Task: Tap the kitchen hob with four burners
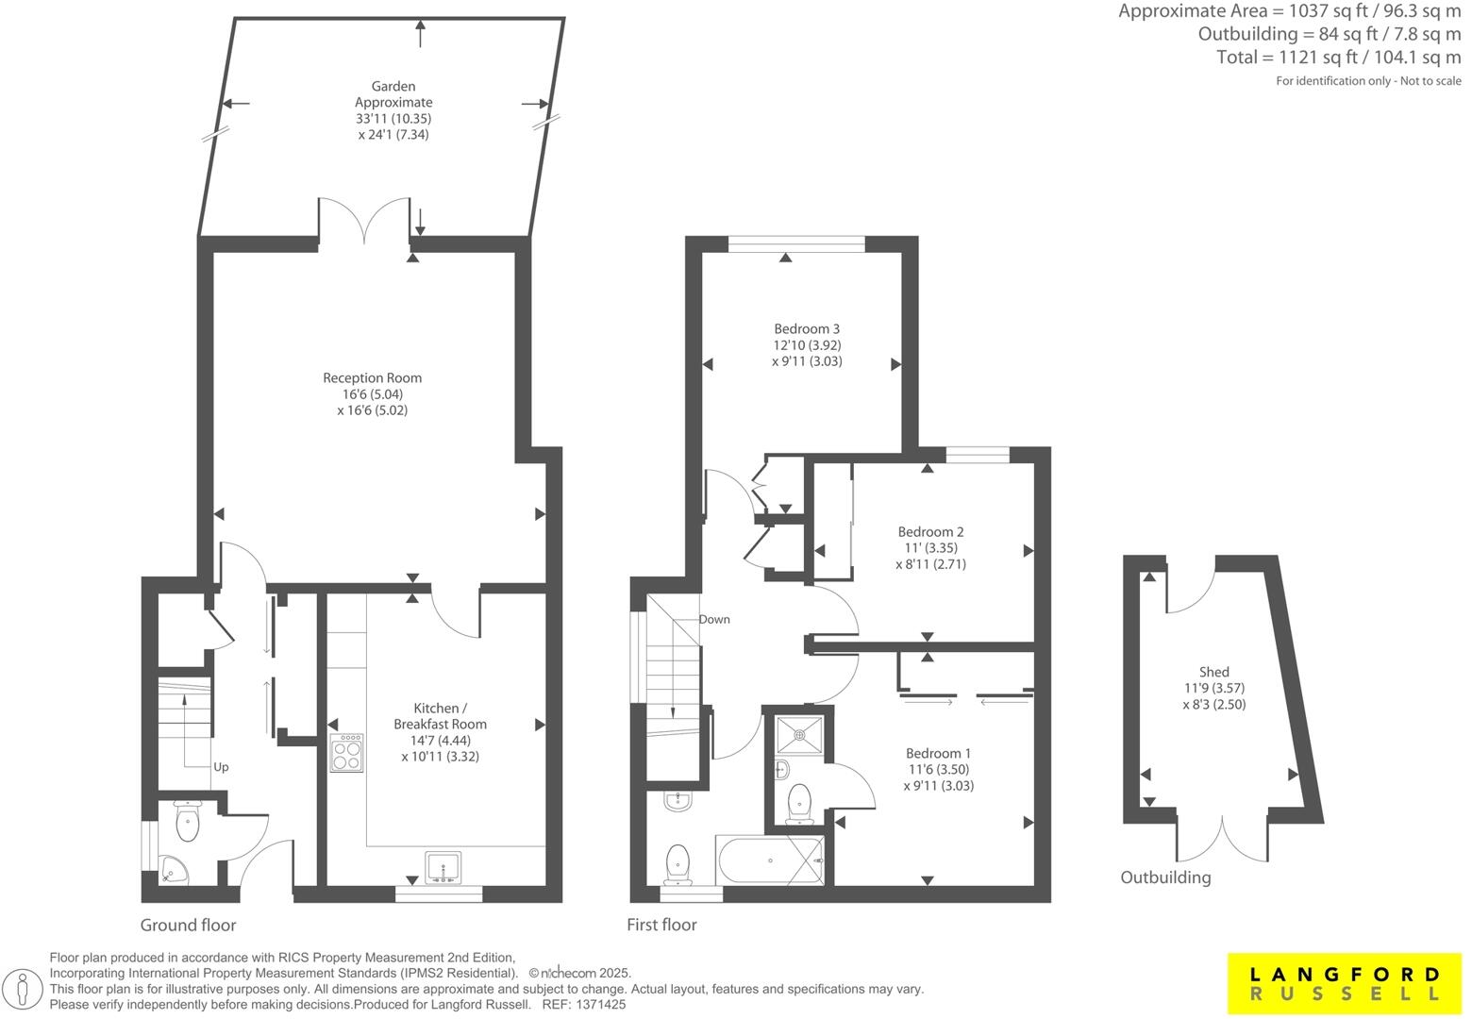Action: (346, 753)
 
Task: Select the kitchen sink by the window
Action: (443, 867)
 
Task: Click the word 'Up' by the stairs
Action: (221, 767)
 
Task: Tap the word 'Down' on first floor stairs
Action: (714, 620)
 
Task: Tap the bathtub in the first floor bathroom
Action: (769, 860)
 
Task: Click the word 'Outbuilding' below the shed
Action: (1165, 877)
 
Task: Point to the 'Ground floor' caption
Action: (189, 925)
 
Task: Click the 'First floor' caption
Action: (661, 925)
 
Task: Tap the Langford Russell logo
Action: (1345, 984)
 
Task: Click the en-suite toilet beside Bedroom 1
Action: (800, 804)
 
